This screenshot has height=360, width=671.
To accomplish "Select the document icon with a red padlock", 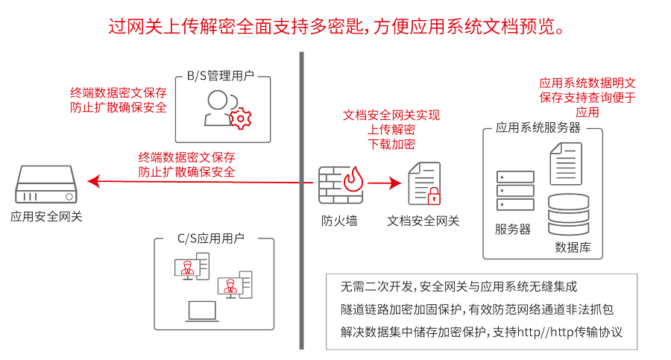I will click(x=424, y=183).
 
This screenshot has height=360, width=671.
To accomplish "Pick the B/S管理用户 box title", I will click(x=221, y=76).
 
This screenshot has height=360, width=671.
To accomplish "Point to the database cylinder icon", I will click(x=568, y=215).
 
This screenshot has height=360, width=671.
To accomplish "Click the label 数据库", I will click(x=573, y=247).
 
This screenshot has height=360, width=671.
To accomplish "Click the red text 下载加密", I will click(x=391, y=144).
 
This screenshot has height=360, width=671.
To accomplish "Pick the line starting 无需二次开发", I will click(x=459, y=286).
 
